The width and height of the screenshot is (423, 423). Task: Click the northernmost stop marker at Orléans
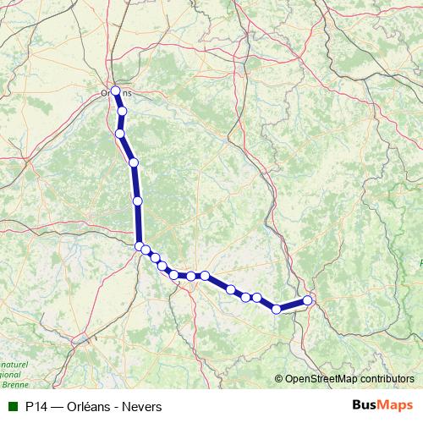tap(116, 91)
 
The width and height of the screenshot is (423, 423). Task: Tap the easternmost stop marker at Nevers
tap(308, 299)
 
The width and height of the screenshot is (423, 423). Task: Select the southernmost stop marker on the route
tap(277, 309)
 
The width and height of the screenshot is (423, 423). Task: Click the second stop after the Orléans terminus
tap(120, 134)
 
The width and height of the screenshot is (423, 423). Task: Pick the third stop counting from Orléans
tap(134, 162)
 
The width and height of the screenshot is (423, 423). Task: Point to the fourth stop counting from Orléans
tap(138, 201)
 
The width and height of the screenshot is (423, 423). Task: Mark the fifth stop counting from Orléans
tap(140, 245)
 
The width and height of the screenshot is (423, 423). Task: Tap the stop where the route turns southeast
tap(140, 245)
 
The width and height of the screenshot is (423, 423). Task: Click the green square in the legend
tap(13, 406)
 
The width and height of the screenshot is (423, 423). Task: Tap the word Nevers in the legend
tap(144, 407)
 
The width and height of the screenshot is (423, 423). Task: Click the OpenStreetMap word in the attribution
tap(322, 380)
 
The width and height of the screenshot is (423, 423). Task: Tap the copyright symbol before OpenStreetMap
tap(280, 380)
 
